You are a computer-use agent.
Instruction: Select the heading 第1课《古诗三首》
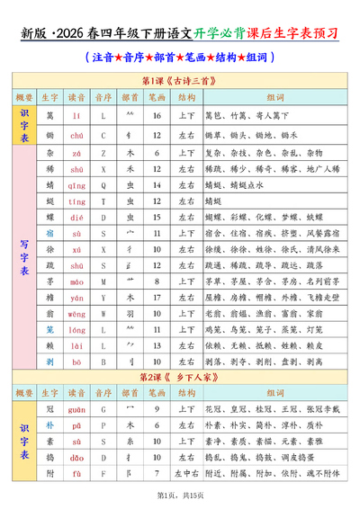(180, 80)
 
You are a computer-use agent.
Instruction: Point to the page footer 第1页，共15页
(180, 496)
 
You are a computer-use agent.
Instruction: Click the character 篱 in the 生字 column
(51, 116)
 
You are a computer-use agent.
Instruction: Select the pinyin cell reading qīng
(77, 185)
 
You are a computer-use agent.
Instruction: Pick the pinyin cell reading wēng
(77, 313)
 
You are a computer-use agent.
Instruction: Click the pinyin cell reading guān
(77, 410)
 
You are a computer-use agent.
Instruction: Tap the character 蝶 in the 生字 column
(51, 218)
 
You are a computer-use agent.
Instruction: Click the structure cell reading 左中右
(187, 474)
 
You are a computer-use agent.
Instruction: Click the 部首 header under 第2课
(130, 393)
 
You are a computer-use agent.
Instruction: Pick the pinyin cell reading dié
(77, 218)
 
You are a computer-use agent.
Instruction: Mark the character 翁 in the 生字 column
(51, 313)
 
